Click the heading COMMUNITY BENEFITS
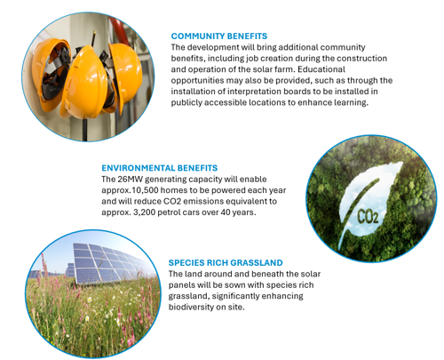(219, 36)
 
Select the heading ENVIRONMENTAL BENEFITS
(160, 168)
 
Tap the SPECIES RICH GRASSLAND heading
(226, 263)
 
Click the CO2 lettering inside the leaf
(368, 217)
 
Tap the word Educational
(321, 69)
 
